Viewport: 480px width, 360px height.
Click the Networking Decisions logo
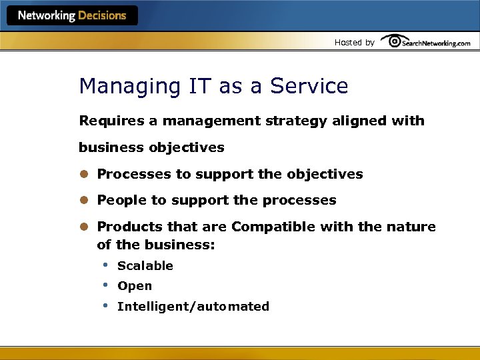click(x=72, y=16)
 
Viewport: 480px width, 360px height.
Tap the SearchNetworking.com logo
click(x=427, y=42)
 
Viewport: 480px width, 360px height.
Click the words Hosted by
click(x=354, y=43)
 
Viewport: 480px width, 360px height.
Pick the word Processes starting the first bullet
click(x=133, y=174)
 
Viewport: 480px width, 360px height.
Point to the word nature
click(x=411, y=227)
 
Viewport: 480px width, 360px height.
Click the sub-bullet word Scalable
click(x=145, y=266)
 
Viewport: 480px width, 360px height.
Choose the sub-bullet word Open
click(x=134, y=286)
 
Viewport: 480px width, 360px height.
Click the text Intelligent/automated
click(x=193, y=307)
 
